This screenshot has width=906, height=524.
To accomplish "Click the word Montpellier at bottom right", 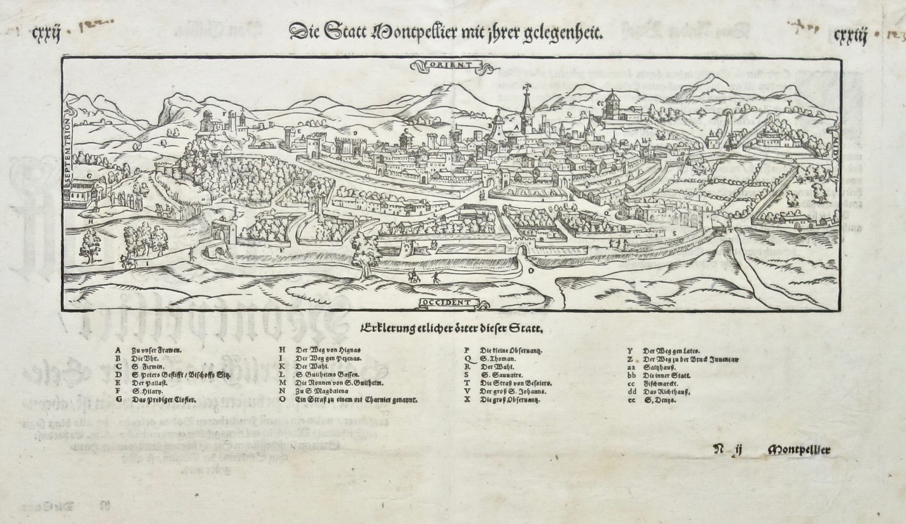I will click(799, 450).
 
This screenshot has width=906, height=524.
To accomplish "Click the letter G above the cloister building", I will click(89, 175).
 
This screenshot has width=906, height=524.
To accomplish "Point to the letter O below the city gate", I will click(530, 270).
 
